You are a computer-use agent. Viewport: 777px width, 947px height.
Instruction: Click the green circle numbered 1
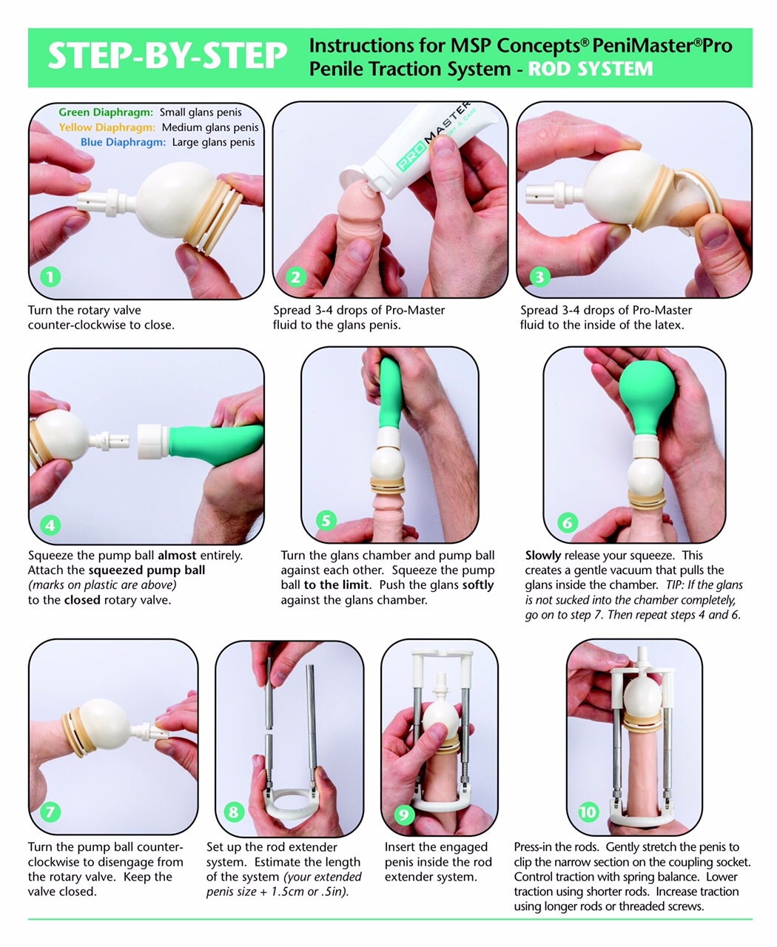(x=50, y=277)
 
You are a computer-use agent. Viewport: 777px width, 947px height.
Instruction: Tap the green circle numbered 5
(x=326, y=520)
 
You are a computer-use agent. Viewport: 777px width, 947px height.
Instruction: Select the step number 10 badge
(x=588, y=812)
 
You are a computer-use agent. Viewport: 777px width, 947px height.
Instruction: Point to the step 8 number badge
(x=234, y=812)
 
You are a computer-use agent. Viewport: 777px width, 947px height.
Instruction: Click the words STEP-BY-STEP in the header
(x=167, y=55)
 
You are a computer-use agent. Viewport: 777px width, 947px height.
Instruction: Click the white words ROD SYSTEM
(x=591, y=69)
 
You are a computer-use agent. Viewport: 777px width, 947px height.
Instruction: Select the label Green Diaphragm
(x=106, y=112)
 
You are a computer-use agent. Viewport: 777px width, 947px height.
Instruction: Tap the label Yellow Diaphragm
(x=107, y=127)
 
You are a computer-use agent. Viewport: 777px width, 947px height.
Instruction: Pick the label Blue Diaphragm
(x=123, y=142)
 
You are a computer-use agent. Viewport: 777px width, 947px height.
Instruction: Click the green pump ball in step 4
(x=215, y=444)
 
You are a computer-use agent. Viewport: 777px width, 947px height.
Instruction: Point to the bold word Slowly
(x=543, y=556)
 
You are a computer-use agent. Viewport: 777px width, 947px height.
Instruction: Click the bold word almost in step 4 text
(x=177, y=556)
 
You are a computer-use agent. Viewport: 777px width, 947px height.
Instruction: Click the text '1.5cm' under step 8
(x=288, y=892)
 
